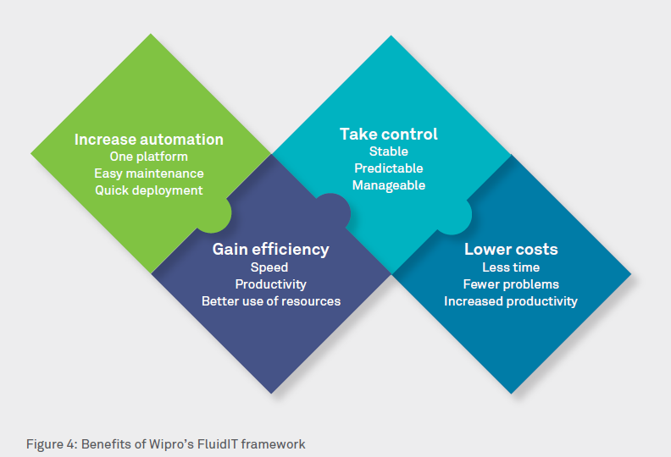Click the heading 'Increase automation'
click(149, 140)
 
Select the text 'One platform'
click(149, 157)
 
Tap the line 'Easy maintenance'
click(149, 173)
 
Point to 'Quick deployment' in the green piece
click(149, 190)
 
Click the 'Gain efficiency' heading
click(270, 250)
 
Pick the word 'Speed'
click(269, 267)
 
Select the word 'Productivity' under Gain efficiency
click(270, 284)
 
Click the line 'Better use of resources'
click(270, 301)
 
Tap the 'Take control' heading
click(389, 134)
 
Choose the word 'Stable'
click(389, 151)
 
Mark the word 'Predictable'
click(389, 168)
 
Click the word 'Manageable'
click(389, 185)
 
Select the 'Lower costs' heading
click(511, 250)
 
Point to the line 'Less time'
click(511, 267)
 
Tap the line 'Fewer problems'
click(511, 284)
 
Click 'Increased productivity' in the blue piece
click(511, 301)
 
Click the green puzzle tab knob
click(216, 215)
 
